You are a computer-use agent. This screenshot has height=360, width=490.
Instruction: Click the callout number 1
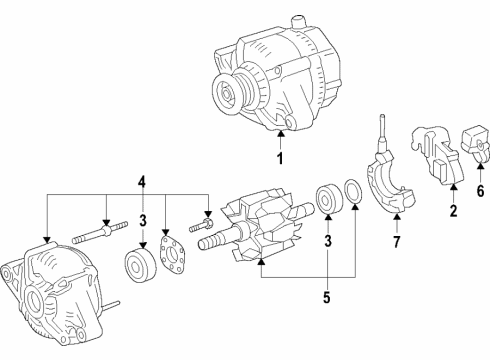[x=280, y=158]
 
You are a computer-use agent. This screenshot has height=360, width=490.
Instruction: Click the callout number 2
[x=451, y=211]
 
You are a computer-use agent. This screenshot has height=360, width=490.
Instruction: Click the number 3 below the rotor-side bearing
[x=326, y=241]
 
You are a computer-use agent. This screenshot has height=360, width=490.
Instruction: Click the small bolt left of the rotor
[x=209, y=240]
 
